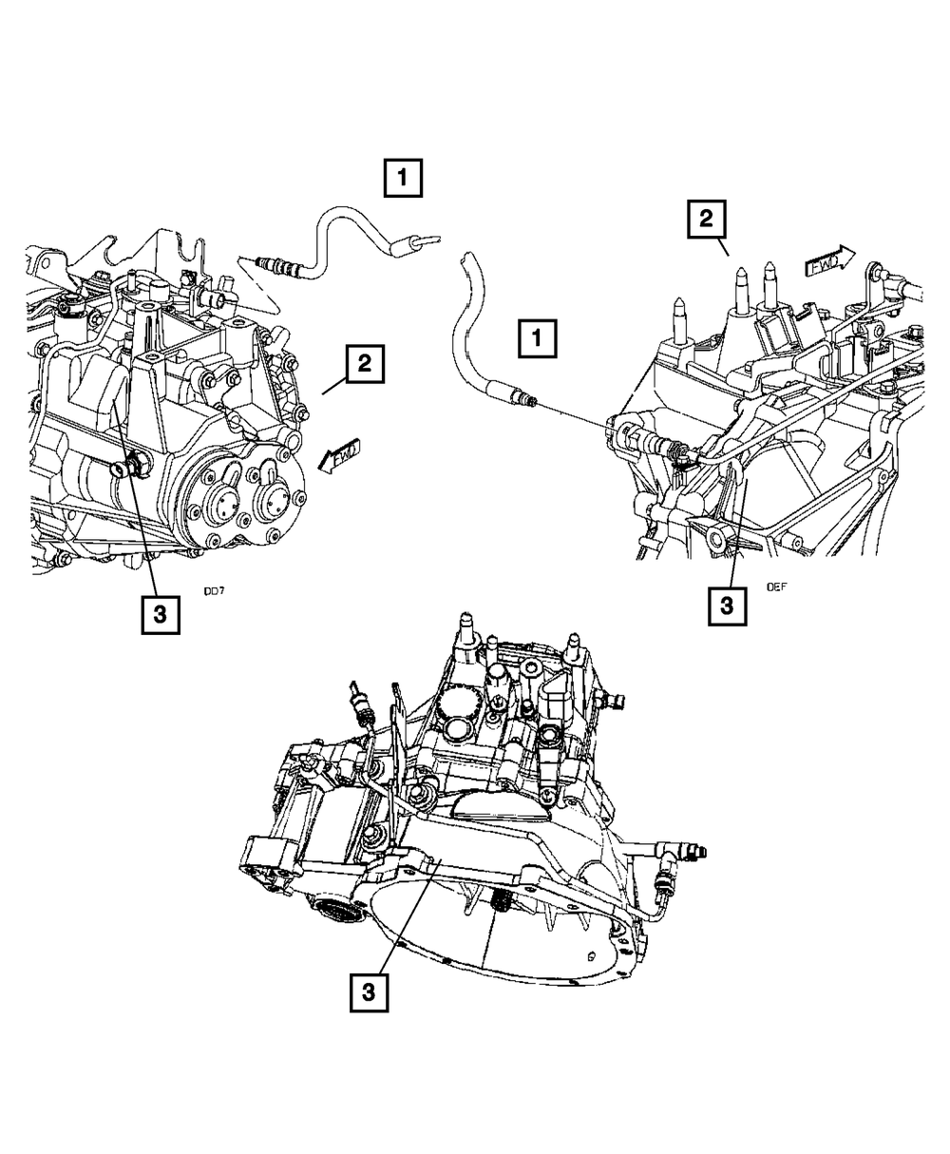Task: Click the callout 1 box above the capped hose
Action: [404, 178]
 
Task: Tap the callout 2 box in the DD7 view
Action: [366, 364]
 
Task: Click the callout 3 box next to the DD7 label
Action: [160, 613]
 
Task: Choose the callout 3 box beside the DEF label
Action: [727, 606]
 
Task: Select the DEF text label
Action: [776, 587]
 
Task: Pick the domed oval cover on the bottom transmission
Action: [500, 809]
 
